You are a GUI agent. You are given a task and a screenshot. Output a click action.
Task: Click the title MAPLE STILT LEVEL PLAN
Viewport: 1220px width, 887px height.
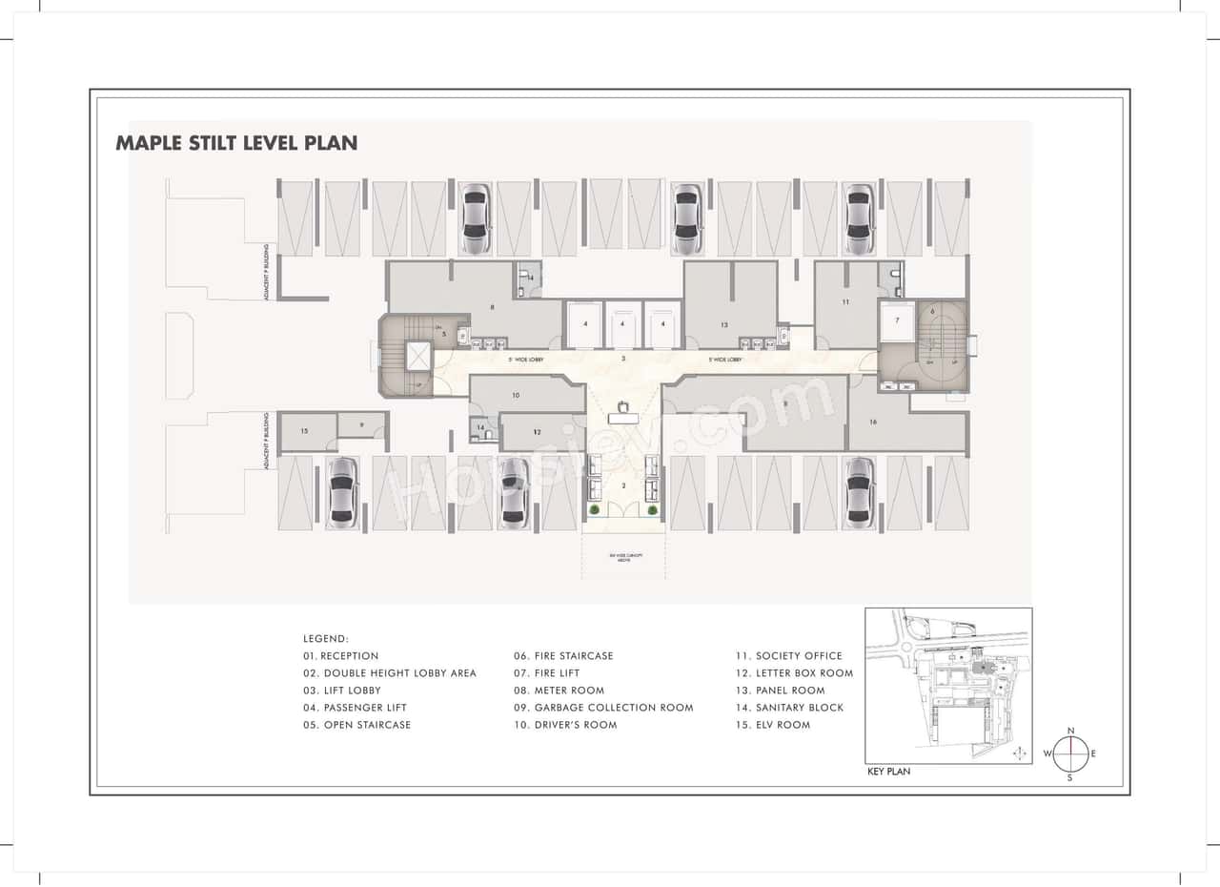pos(236,143)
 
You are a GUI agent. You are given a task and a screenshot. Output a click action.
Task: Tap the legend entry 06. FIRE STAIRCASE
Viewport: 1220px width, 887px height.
pos(563,656)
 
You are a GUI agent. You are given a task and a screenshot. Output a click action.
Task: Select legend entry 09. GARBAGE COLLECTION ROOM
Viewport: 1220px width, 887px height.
pos(603,708)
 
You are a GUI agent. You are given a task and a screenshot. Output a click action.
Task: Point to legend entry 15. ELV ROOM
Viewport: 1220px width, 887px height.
pos(772,725)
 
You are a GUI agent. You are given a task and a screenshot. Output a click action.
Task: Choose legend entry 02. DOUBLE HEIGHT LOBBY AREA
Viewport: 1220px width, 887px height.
pos(390,673)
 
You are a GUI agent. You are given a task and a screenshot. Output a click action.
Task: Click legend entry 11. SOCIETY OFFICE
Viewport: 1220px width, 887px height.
pos(788,656)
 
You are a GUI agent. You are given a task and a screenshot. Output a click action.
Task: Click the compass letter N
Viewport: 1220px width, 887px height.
pos(1070,731)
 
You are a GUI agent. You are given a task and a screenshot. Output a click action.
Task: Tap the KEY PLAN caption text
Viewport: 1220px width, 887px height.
pos(888,772)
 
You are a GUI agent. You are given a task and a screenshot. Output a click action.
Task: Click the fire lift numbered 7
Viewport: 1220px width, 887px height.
pos(896,321)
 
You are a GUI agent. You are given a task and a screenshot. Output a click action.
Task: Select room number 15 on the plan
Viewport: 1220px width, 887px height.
pos(304,431)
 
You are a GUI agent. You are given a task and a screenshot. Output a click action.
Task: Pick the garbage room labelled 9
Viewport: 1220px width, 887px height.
pos(362,424)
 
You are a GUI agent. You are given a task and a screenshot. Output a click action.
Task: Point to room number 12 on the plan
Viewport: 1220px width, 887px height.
pos(538,432)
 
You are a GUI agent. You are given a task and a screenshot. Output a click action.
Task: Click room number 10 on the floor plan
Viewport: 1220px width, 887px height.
pos(516,394)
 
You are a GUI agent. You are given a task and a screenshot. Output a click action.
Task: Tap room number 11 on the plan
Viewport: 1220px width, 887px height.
pos(844,302)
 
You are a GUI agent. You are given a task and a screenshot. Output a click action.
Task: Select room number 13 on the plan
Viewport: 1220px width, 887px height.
pos(724,325)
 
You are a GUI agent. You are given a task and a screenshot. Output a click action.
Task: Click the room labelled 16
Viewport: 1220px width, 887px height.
pos(873,421)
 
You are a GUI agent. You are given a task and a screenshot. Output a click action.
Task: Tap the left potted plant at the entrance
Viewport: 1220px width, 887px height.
pos(595,510)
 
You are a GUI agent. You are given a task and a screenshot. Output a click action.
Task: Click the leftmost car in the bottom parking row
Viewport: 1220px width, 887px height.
pos(342,492)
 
